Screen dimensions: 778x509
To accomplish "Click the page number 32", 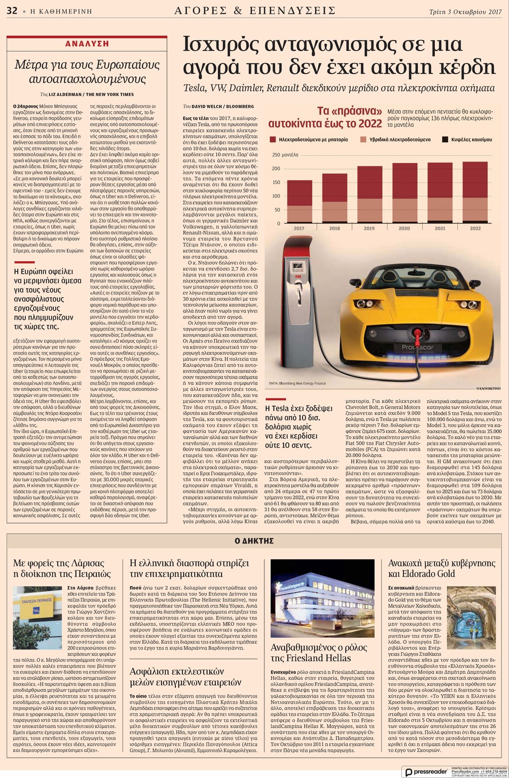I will click(12, 10).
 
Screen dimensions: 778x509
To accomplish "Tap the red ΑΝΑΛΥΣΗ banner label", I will click(87, 44).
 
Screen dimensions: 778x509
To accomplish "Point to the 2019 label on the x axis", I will click(369, 228).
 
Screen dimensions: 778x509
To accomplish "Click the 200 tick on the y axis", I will click(276, 169).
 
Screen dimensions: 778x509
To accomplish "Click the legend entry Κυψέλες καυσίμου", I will click(467, 140).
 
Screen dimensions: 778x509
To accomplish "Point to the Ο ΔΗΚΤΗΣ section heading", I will click(254, 541).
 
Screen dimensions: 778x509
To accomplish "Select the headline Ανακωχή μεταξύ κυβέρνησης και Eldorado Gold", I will click(441, 568).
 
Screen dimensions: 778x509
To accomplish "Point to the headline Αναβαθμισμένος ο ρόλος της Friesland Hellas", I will click(319, 652).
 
